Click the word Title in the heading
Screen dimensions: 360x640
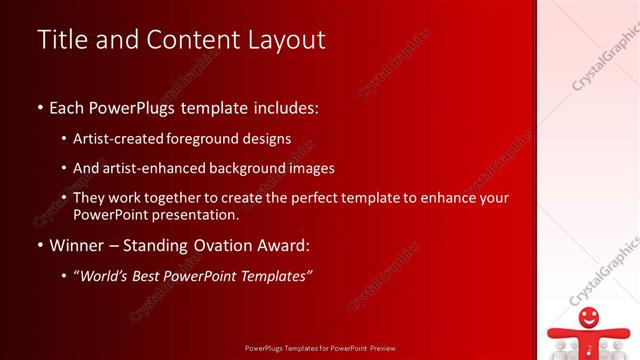(60, 39)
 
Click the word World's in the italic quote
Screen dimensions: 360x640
(111, 276)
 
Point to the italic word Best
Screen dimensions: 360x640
(159, 276)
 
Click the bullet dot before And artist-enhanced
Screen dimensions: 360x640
(64, 169)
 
